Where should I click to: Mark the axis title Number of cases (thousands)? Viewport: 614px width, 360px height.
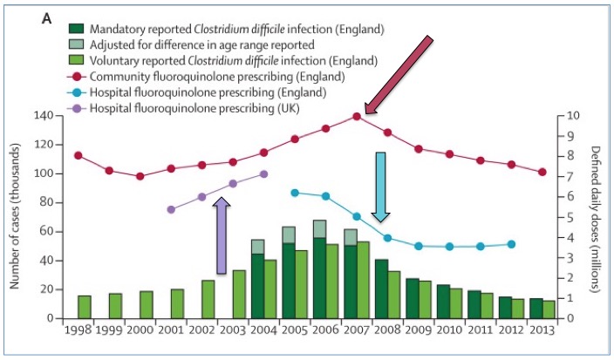[15, 217]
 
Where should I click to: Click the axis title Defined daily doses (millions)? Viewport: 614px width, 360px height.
[596, 217]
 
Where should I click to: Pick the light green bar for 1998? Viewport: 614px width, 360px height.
[85, 307]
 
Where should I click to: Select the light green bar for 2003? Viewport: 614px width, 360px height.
[238, 295]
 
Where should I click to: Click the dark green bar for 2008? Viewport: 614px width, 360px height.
[381, 289]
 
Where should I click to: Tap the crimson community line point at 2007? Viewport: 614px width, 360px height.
[357, 116]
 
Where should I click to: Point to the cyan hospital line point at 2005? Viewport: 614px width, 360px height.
[295, 193]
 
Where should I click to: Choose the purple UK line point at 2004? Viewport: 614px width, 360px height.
[263, 173]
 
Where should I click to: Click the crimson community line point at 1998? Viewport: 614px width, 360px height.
[78, 155]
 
